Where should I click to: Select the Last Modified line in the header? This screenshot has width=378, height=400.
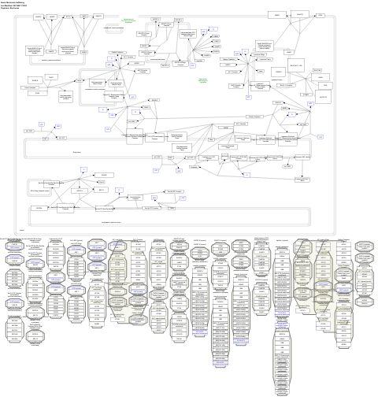pyautogui.click(x=15, y=6)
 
